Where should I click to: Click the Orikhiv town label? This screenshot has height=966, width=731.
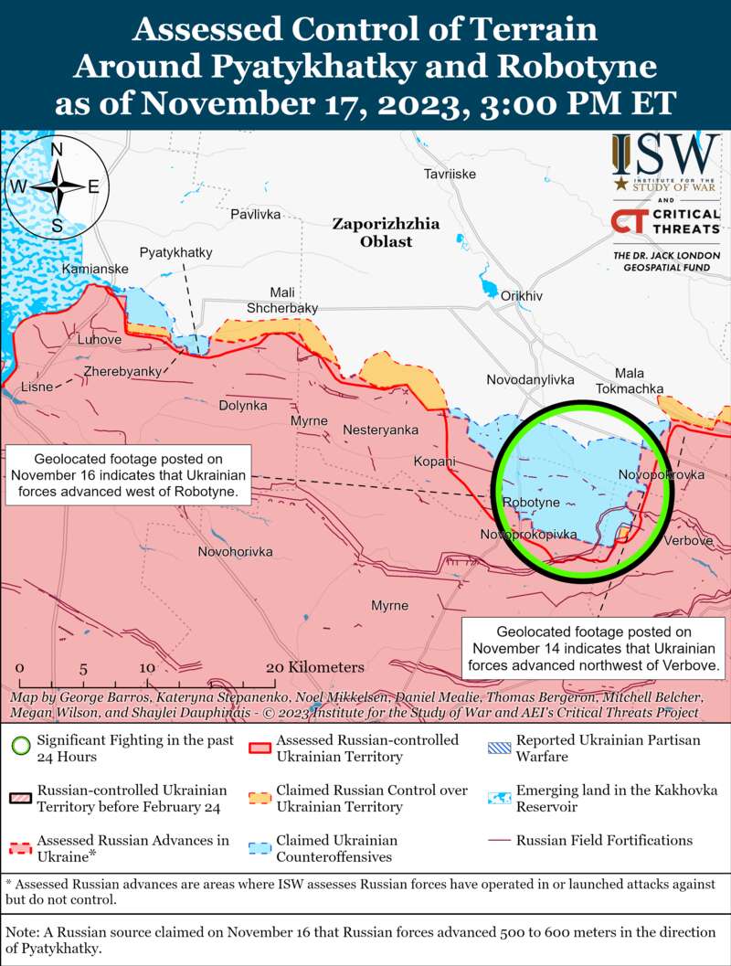(x=522, y=296)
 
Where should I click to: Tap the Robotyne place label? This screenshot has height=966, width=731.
(x=531, y=504)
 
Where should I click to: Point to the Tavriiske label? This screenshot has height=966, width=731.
(x=450, y=175)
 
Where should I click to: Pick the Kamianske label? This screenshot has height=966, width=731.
(x=95, y=270)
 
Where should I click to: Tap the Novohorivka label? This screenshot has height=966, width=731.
(x=236, y=552)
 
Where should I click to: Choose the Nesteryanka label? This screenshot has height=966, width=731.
(x=380, y=430)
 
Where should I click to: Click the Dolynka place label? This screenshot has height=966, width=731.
(x=243, y=405)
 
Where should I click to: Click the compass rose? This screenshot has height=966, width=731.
(x=57, y=186)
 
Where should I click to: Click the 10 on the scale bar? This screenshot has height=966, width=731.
(x=147, y=668)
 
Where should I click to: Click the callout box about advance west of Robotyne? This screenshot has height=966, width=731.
(x=129, y=475)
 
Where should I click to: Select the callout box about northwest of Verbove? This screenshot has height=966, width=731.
(x=595, y=649)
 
